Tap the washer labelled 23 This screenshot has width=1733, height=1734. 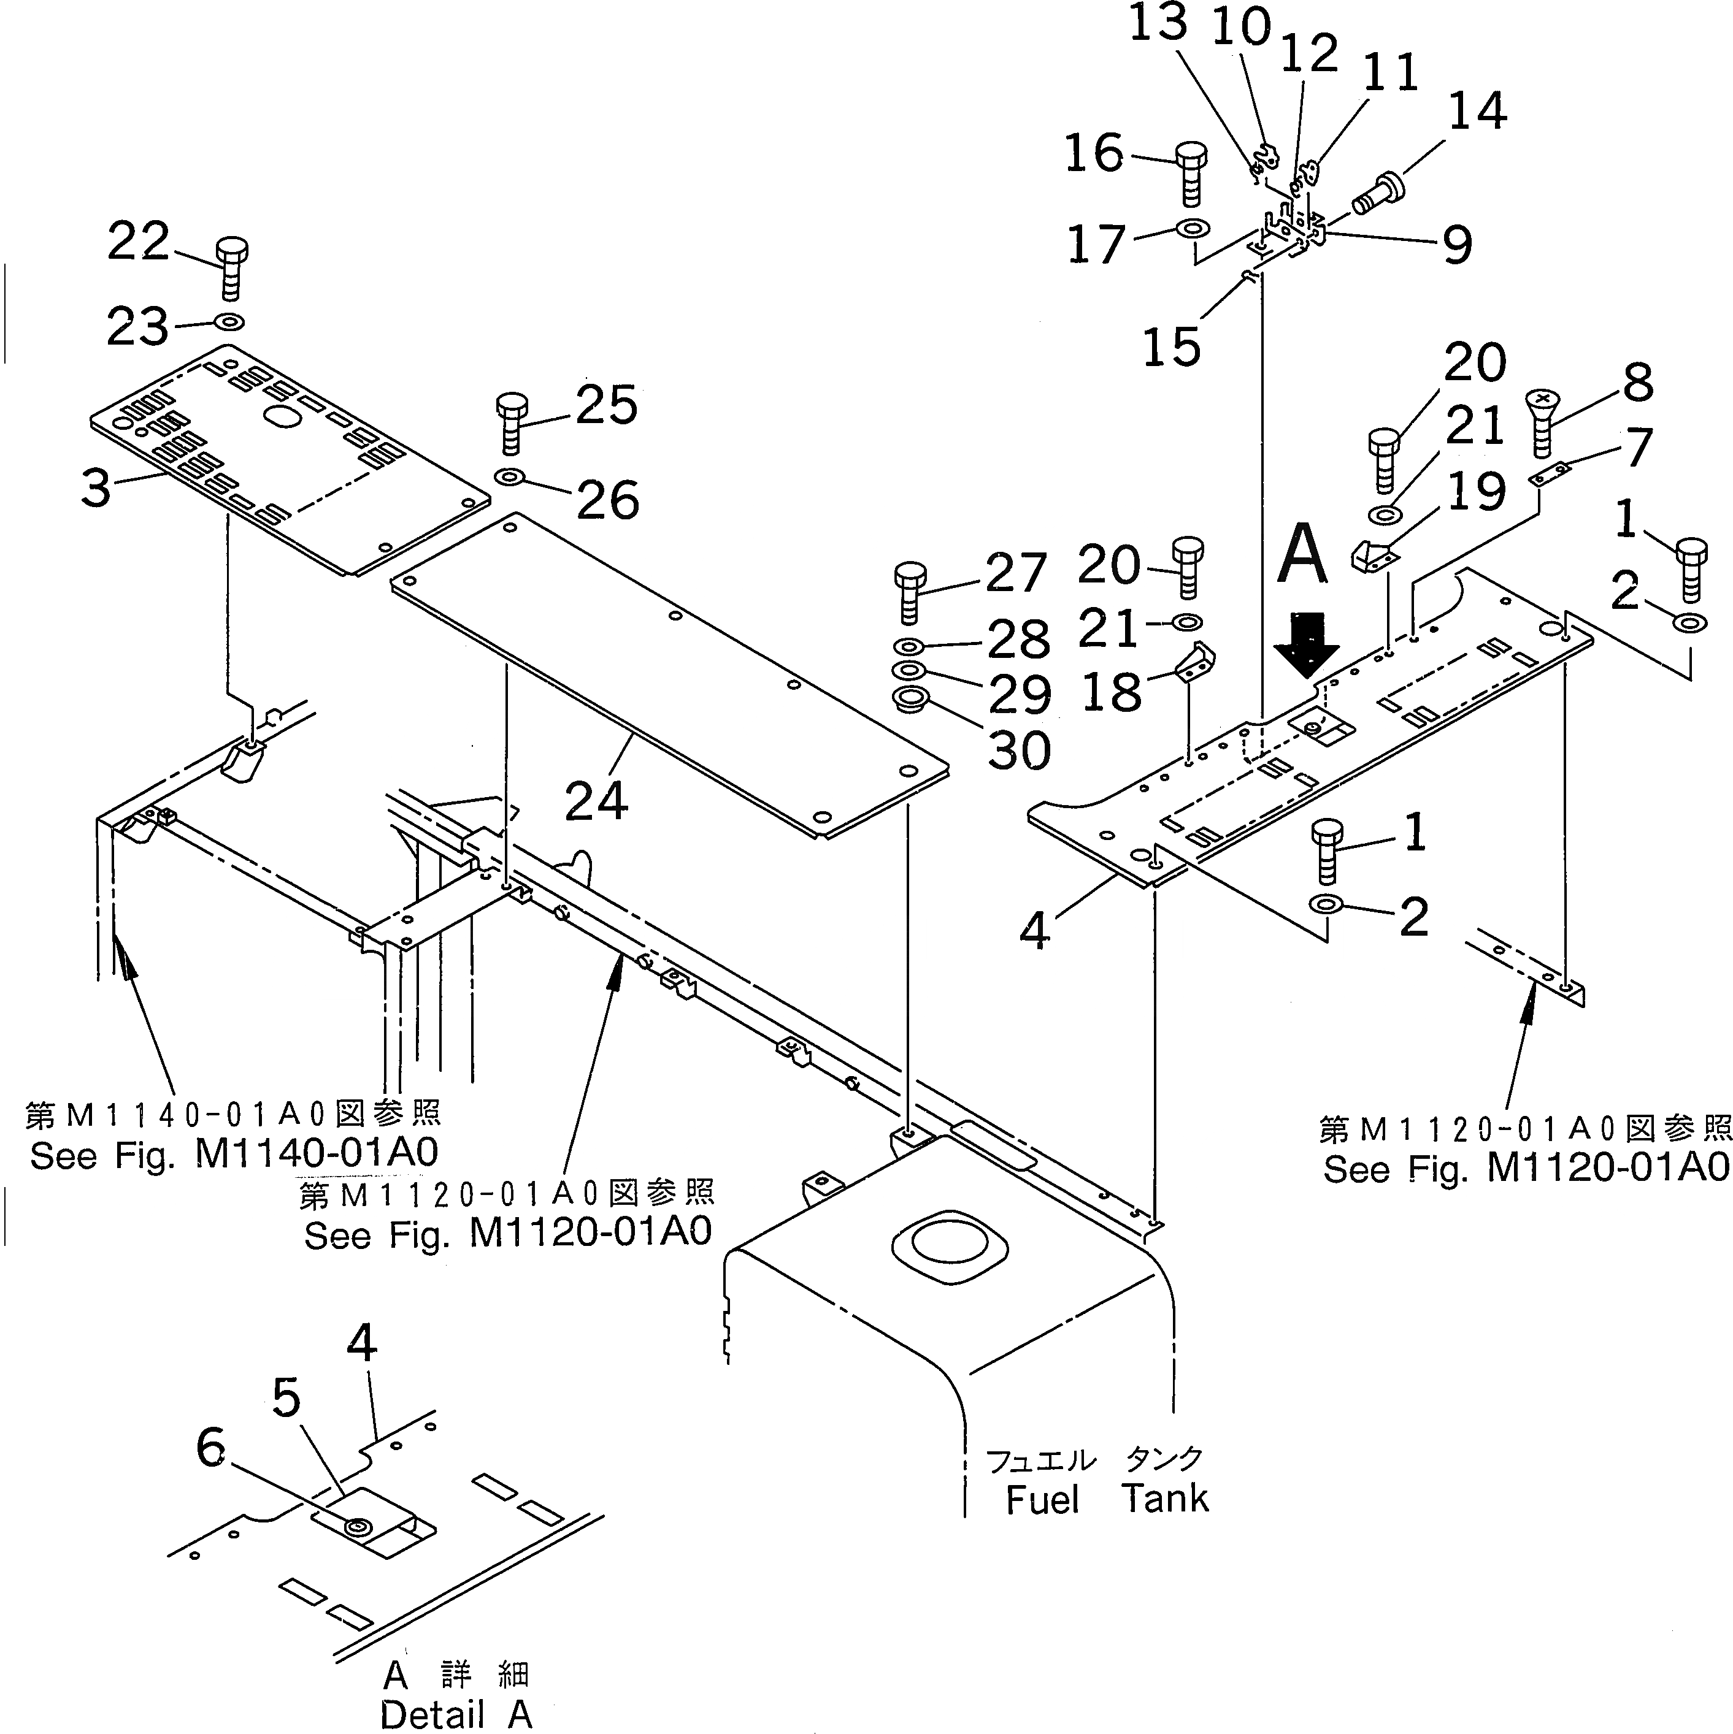(x=229, y=321)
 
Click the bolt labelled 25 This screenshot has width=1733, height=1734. (x=511, y=424)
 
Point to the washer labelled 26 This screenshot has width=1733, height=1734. (x=509, y=476)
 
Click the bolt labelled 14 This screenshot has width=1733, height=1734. (x=1373, y=197)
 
